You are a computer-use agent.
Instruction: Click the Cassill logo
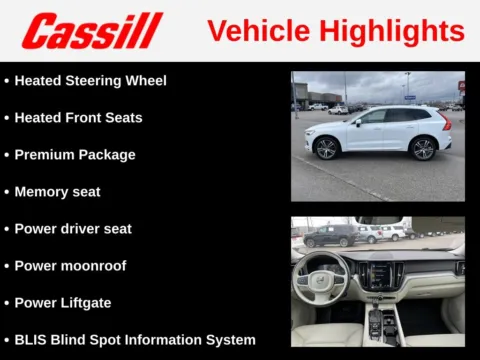click(x=91, y=31)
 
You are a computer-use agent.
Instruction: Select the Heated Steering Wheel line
click(x=90, y=80)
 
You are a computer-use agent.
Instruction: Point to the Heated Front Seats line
click(x=78, y=117)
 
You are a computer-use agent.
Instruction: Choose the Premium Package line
click(x=75, y=155)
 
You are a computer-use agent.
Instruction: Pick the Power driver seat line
click(x=73, y=229)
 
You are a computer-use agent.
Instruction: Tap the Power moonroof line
click(x=70, y=266)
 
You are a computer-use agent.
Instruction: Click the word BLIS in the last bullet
click(x=31, y=340)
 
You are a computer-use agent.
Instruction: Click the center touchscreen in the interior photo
click(x=379, y=272)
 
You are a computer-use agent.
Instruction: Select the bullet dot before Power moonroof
click(x=7, y=266)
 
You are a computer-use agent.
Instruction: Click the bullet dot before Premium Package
click(x=7, y=155)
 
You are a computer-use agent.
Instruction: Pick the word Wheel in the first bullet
click(x=145, y=80)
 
